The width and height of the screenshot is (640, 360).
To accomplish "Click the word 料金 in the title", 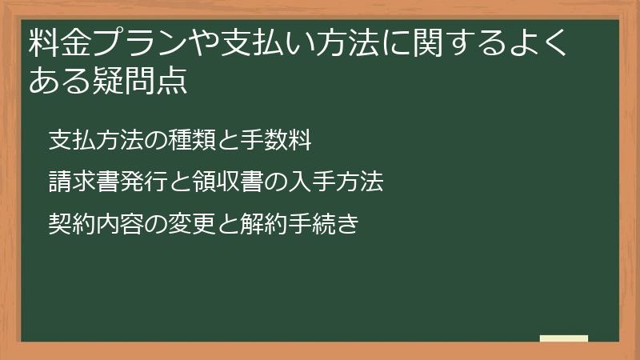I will tap(57, 46).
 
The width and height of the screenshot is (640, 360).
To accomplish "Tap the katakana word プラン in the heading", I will tap(142, 46).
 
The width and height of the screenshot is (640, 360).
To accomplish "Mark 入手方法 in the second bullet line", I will tap(338, 182).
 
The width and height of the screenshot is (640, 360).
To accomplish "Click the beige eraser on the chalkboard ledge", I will tap(563, 338).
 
